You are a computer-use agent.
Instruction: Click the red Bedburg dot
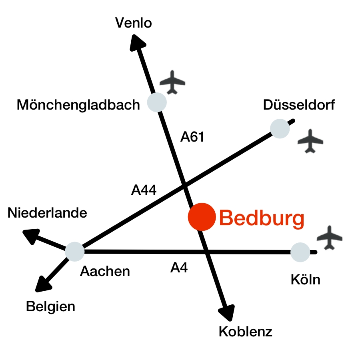tap(202, 217)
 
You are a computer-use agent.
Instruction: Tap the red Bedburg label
tap(262, 218)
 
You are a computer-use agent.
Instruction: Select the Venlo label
tap(133, 23)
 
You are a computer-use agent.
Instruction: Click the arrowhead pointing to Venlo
tap(137, 43)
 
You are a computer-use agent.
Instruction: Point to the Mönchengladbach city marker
tap(157, 102)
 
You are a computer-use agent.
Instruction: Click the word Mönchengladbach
tap(78, 105)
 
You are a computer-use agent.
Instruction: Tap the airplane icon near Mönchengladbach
tap(172, 82)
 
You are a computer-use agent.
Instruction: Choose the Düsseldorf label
tap(299, 105)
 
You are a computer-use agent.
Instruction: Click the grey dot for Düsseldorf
tap(280, 128)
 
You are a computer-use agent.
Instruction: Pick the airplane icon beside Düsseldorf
tap(310, 141)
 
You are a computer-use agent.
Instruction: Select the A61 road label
tap(192, 137)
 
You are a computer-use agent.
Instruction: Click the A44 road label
tap(144, 190)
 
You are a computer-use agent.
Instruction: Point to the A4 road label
tap(179, 268)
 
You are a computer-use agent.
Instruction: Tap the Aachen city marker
tap(75, 252)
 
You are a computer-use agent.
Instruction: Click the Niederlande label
tap(47, 213)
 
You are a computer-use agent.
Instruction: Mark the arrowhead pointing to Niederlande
tap(32, 236)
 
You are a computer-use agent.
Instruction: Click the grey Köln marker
tap(300, 252)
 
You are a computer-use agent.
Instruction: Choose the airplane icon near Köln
tap(330, 238)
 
